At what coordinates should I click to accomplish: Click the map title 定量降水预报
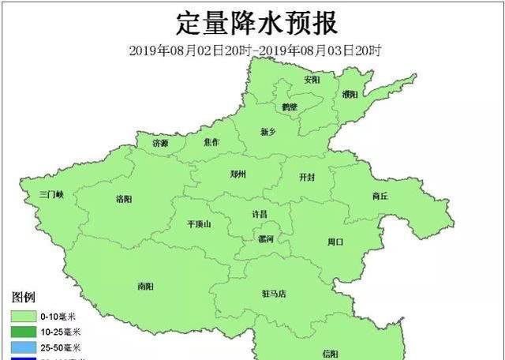[256, 23]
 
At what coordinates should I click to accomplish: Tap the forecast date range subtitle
[256, 51]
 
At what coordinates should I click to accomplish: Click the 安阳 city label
[312, 80]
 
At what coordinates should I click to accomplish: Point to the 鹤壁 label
[290, 107]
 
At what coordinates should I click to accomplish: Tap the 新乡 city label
[270, 131]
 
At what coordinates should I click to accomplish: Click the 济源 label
[160, 143]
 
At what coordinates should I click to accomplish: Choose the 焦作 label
[211, 142]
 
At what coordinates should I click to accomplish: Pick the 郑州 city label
[238, 174]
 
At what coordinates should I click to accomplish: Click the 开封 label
[306, 178]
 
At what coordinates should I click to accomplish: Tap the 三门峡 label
[56, 194]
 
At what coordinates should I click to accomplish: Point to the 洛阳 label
[124, 198]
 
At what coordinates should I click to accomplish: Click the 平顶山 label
[199, 224]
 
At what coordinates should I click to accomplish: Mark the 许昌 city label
[259, 214]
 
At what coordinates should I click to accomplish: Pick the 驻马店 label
[274, 294]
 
